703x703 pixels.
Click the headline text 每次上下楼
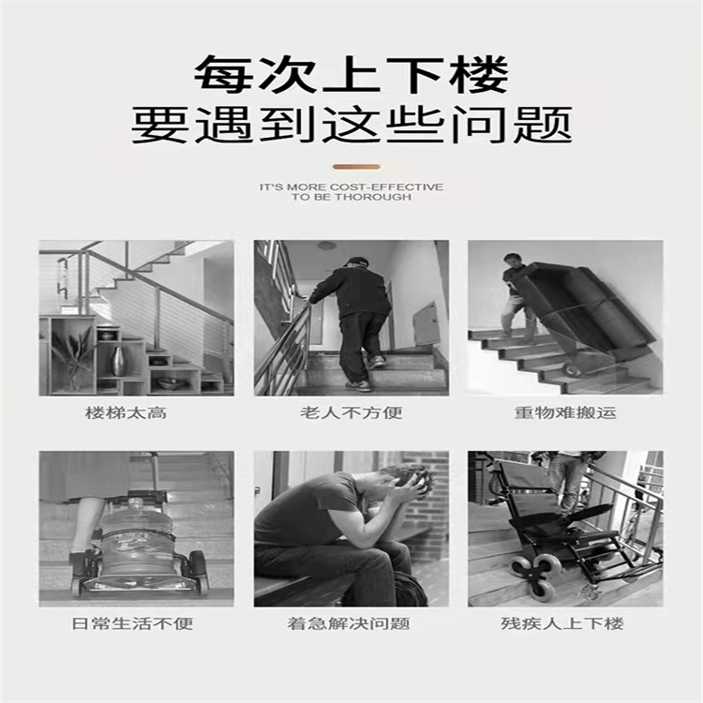point(351,74)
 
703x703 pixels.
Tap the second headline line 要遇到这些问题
point(351,125)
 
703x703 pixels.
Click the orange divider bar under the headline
point(356,167)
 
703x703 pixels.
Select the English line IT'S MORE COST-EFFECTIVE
point(351,187)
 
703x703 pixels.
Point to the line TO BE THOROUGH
point(351,197)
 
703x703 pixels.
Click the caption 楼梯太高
point(126,412)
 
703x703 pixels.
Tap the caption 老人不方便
point(351,412)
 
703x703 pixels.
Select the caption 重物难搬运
point(565,412)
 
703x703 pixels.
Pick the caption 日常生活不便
point(133,623)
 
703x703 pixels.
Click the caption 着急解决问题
point(349,623)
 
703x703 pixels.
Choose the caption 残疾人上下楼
point(562,623)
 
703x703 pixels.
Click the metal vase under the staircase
point(118,362)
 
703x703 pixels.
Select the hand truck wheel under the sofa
point(572,369)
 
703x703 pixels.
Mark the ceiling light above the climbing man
point(326,247)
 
